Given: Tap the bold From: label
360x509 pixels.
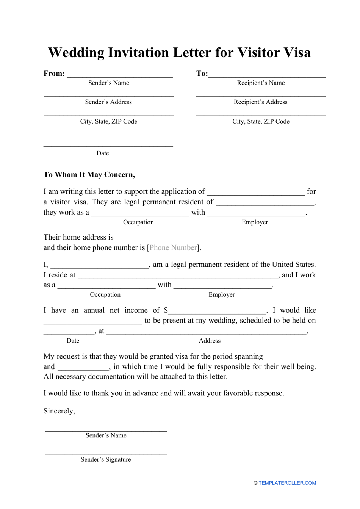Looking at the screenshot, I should pos(54,74).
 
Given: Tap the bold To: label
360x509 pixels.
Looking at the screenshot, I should pos(202,74).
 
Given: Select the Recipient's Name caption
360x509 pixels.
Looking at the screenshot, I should pos(261,83).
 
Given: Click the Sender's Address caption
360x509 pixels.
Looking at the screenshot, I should pos(108,102).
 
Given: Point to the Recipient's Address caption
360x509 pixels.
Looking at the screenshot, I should pos(260,102).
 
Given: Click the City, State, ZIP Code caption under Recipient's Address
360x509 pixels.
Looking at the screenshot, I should pos(261,121).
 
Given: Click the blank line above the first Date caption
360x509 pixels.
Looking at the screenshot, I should pos(108,145).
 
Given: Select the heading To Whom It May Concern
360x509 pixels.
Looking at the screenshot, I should pos(89,175).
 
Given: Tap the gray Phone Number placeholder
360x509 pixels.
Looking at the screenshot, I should pos(173,247).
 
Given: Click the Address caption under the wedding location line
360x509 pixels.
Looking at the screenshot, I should pos(210,341).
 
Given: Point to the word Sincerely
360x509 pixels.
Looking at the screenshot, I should pos(59,411).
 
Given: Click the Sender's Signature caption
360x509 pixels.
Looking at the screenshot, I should pos(106,459).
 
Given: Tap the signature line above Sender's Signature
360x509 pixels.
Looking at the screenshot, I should pos(106,454).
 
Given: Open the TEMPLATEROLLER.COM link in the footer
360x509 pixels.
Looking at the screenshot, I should pos(287,483).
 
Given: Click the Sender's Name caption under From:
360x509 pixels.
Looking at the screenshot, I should pos(109,83).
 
